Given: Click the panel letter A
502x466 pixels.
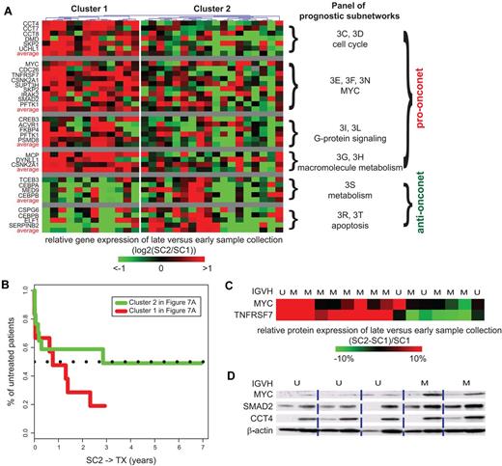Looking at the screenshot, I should pos(8,8).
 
